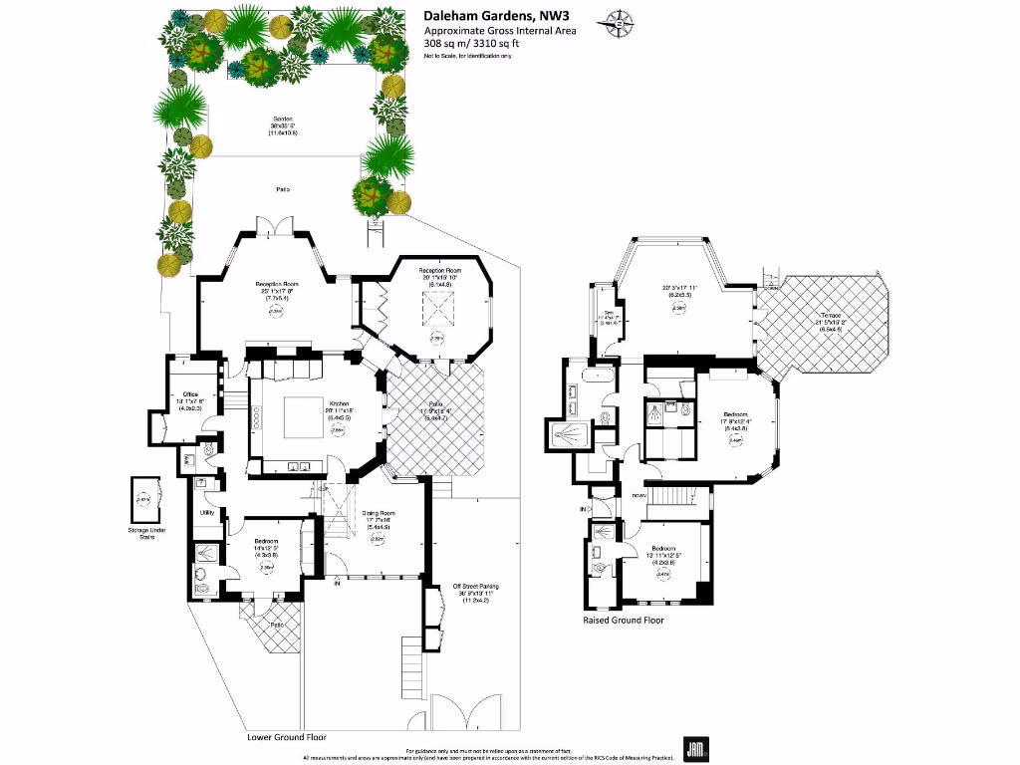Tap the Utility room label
(x=208, y=512)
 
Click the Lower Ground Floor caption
(x=286, y=737)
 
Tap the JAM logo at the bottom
(x=695, y=747)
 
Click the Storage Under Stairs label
(x=146, y=533)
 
